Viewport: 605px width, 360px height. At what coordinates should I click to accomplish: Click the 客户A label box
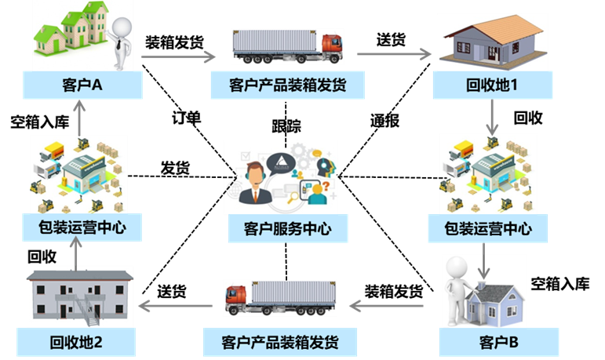82,85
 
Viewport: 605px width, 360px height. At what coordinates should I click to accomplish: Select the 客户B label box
498,343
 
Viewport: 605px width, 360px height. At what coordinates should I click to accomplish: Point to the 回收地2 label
77,343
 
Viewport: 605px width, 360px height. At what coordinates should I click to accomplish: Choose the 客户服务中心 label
287,229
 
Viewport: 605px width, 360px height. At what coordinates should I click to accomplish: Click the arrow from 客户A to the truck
178,56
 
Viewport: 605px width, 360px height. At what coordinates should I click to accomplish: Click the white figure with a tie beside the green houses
122,39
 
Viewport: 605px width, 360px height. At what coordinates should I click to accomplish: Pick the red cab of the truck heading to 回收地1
331,46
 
